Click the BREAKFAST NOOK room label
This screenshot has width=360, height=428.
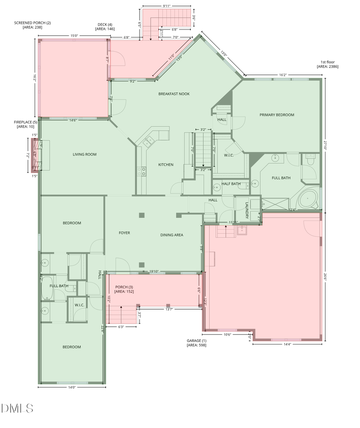174,94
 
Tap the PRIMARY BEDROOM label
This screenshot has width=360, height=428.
277,115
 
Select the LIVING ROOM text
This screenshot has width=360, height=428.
84,154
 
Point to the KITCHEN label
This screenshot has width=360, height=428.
166,164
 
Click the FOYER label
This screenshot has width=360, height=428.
124,233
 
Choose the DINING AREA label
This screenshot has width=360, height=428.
172,235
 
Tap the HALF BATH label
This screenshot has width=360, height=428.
231,184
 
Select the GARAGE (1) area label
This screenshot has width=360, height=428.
196,343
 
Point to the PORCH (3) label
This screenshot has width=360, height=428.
124,289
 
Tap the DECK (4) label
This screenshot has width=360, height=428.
105,26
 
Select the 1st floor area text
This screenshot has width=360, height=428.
328,64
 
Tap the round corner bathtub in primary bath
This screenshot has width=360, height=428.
307,199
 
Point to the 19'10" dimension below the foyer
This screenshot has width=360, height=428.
154,271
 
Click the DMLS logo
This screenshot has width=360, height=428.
17,408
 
